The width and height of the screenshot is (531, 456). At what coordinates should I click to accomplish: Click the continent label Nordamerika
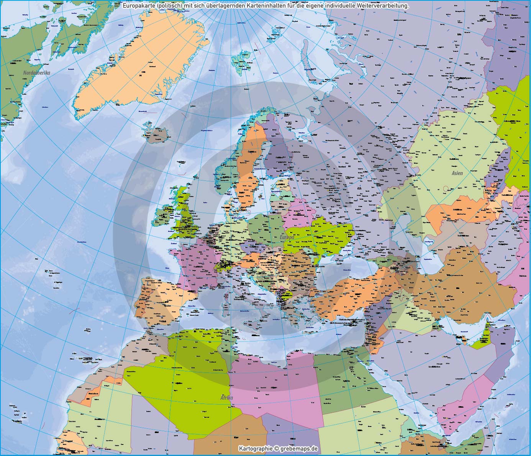click(x=37, y=72)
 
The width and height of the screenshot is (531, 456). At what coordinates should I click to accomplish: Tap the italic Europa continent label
click(x=287, y=238)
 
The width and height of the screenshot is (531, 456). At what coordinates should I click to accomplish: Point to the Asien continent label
click(x=457, y=173)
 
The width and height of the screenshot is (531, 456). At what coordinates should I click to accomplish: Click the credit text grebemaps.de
click(x=297, y=448)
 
